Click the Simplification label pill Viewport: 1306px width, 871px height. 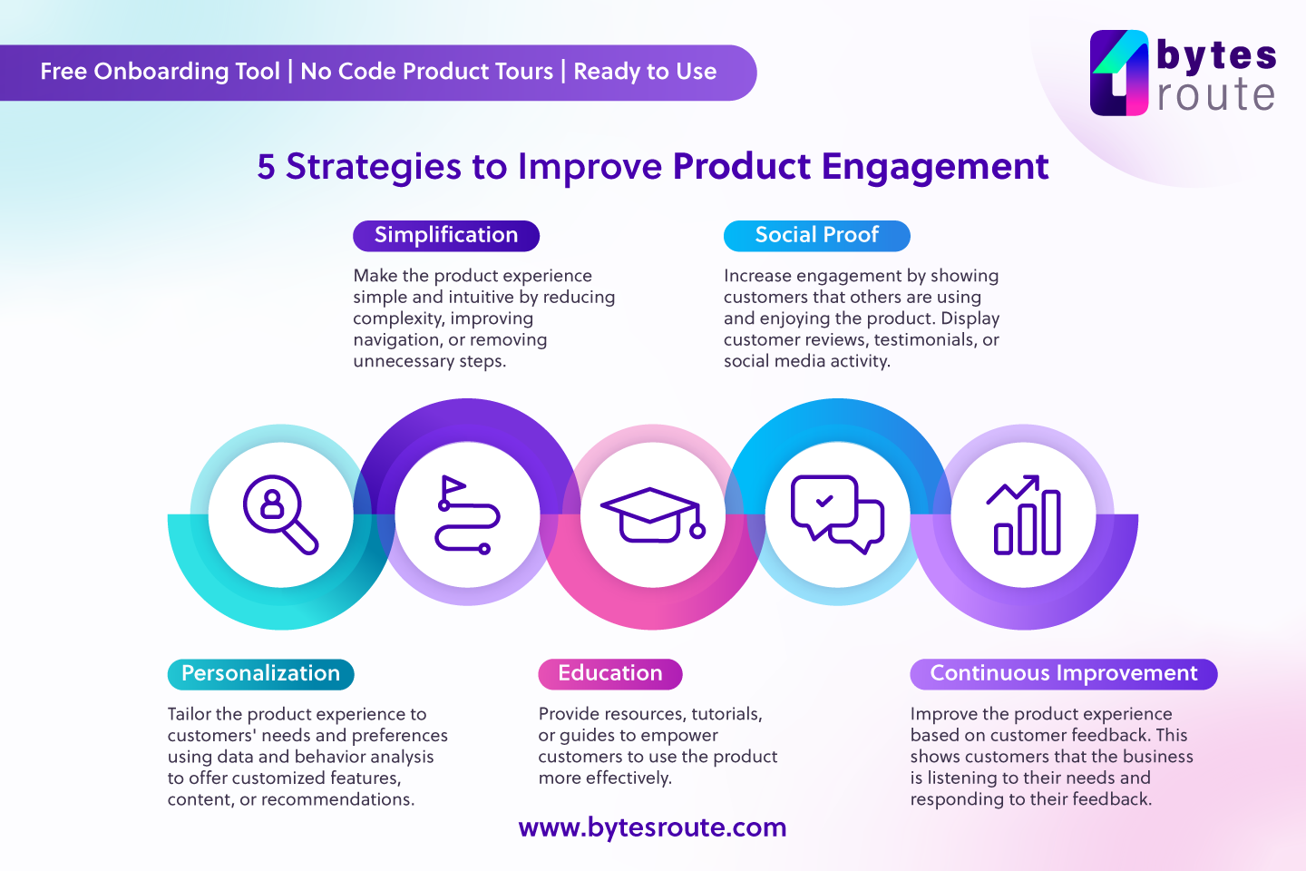pyautogui.click(x=446, y=236)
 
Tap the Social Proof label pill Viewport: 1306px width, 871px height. pyautogui.click(x=816, y=236)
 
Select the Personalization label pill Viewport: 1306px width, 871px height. pyautogui.click(x=260, y=674)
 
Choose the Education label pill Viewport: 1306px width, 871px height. pyautogui.click(x=609, y=674)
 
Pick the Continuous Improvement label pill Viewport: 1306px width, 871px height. pyautogui.click(x=1063, y=674)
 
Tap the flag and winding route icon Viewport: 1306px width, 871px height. pyautogui.click(x=467, y=514)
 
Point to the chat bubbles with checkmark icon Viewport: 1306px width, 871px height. pyautogui.click(x=837, y=514)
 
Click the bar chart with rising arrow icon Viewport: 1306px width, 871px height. pyautogui.click(x=1025, y=514)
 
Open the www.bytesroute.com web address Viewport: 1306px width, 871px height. pyautogui.click(x=652, y=827)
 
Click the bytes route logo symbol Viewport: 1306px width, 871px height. pyautogui.click(x=1120, y=73)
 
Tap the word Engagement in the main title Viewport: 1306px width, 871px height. pyautogui.click(x=935, y=167)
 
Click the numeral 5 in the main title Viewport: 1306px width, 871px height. pyautogui.click(x=266, y=167)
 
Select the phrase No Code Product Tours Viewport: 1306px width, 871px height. pyautogui.click(x=426, y=72)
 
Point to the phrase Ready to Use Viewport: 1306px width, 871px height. pyautogui.click(x=645, y=72)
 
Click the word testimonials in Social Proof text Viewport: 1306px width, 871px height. pyautogui.click(x=924, y=340)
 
